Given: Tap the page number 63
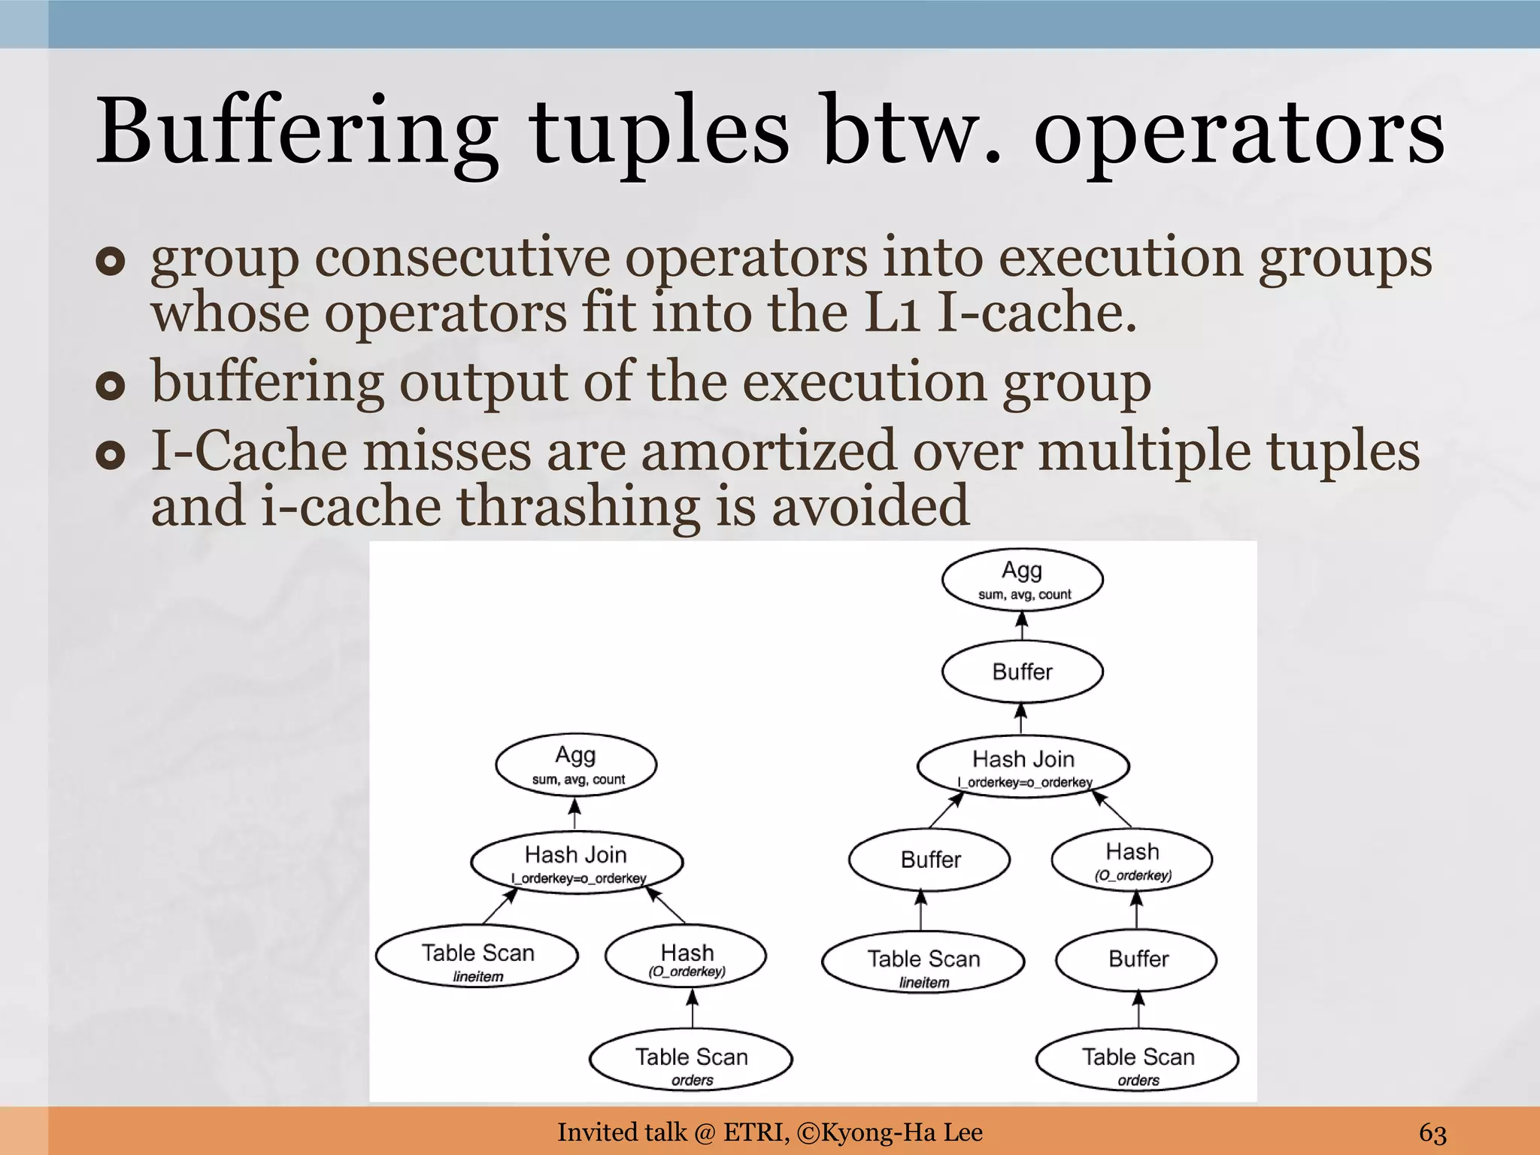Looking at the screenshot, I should pos(1432,1132).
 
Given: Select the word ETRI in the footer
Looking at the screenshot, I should pos(754,1132).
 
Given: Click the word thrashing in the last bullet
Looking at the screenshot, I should pos(578,505).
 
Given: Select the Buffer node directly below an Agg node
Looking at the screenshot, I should pos(1022,671).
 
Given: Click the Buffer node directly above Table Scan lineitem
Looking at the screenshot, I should pos(930,859).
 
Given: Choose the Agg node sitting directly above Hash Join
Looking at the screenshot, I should pos(575,764).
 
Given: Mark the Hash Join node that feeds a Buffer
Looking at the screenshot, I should pos(1023,766).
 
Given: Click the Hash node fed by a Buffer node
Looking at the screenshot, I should pos(1132,859).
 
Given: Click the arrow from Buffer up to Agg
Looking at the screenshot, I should pos(1021,628).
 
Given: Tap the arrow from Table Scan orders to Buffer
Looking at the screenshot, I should pos(1138,1008).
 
